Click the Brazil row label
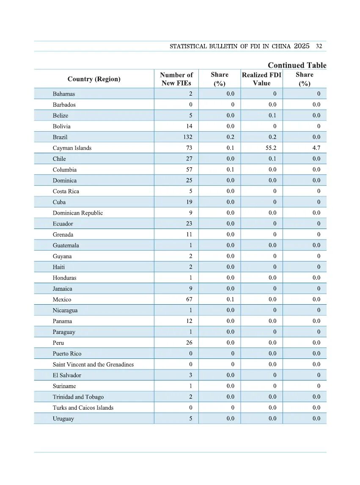tap(60, 137)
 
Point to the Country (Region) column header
tap(94, 79)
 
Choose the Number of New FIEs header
tap(176, 79)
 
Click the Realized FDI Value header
tap(261, 79)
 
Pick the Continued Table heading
tap(297, 65)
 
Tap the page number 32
tap(319, 46)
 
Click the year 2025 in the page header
tap(302, 46)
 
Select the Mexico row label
tap(62, 300)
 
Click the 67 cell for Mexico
tap(189, 300)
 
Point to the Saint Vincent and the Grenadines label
tap(93, 364)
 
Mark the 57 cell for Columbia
tap(189, 170)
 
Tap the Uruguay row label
tap(63, 419)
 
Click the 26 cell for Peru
tap(189, 343)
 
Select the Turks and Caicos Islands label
tap(83, 408)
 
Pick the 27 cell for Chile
tap(189, 159)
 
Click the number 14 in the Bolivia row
tap(189, 126)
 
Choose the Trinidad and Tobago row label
tap(78, 397)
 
